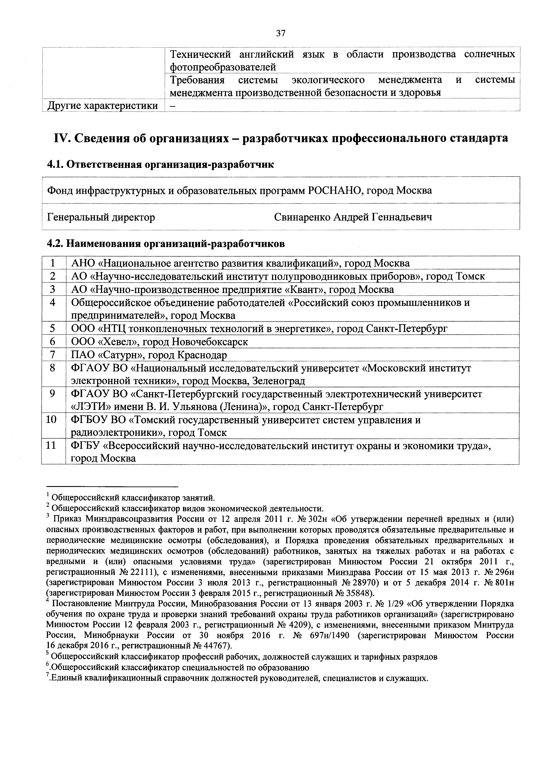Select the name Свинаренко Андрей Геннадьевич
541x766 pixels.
[353, 217]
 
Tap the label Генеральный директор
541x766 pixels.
[101, 217]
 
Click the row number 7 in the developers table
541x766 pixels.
[53, 355]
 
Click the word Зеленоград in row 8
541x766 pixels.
[279, 381]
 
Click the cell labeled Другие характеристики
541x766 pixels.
[103, 105]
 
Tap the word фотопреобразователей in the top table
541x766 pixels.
[223, 67]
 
